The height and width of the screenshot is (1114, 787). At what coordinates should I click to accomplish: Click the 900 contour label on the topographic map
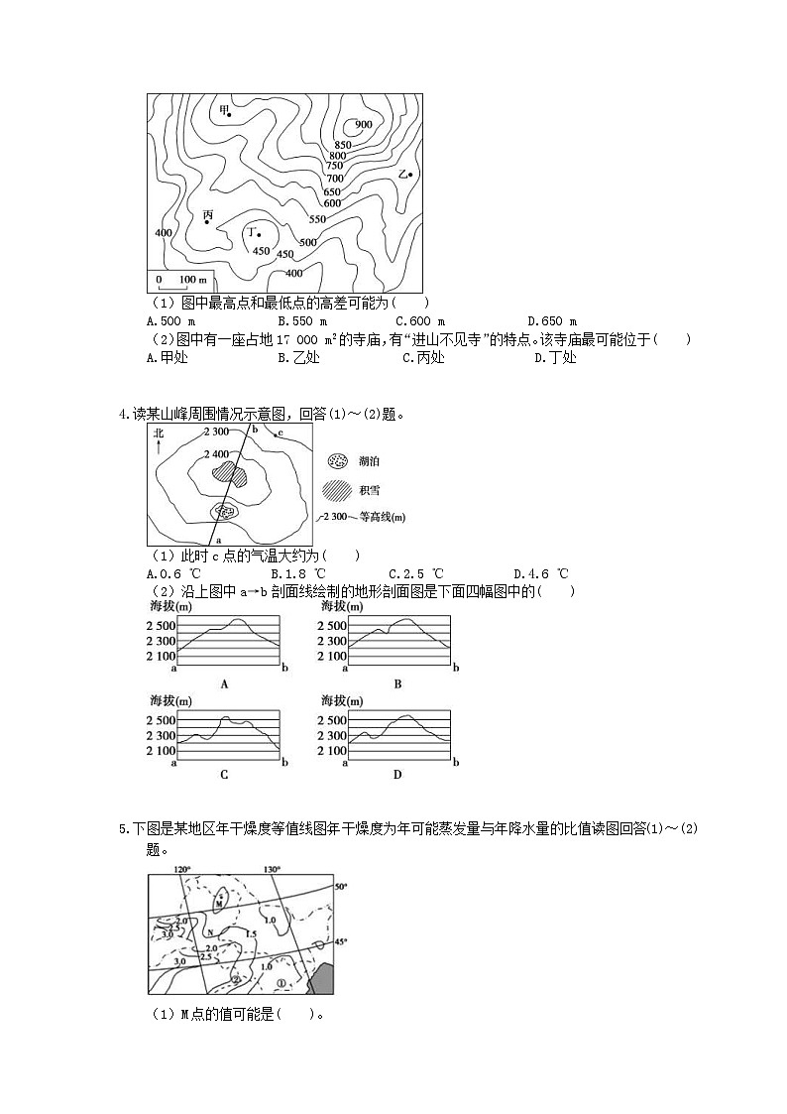click(363, 124)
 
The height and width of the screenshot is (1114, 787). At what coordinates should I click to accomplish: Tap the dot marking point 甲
click(230, 115)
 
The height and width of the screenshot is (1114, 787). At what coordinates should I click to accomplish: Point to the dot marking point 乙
click(410, 176)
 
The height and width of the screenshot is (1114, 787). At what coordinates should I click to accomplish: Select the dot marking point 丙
click(207, 222)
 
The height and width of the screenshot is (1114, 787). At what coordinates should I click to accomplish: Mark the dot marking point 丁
click(259, 235)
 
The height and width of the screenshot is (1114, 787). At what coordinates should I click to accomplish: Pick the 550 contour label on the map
click(317, 219)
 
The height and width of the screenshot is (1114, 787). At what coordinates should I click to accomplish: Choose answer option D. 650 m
click(545, 321)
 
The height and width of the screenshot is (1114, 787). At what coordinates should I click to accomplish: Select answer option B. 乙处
click(298, 358)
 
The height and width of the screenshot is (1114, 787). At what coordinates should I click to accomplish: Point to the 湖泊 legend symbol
click(339, 461)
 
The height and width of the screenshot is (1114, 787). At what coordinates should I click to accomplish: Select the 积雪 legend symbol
click(339, 489)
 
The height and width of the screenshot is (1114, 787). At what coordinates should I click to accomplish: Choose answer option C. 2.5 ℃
click(412, 573)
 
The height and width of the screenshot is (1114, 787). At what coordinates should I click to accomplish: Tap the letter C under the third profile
click(224, 775)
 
